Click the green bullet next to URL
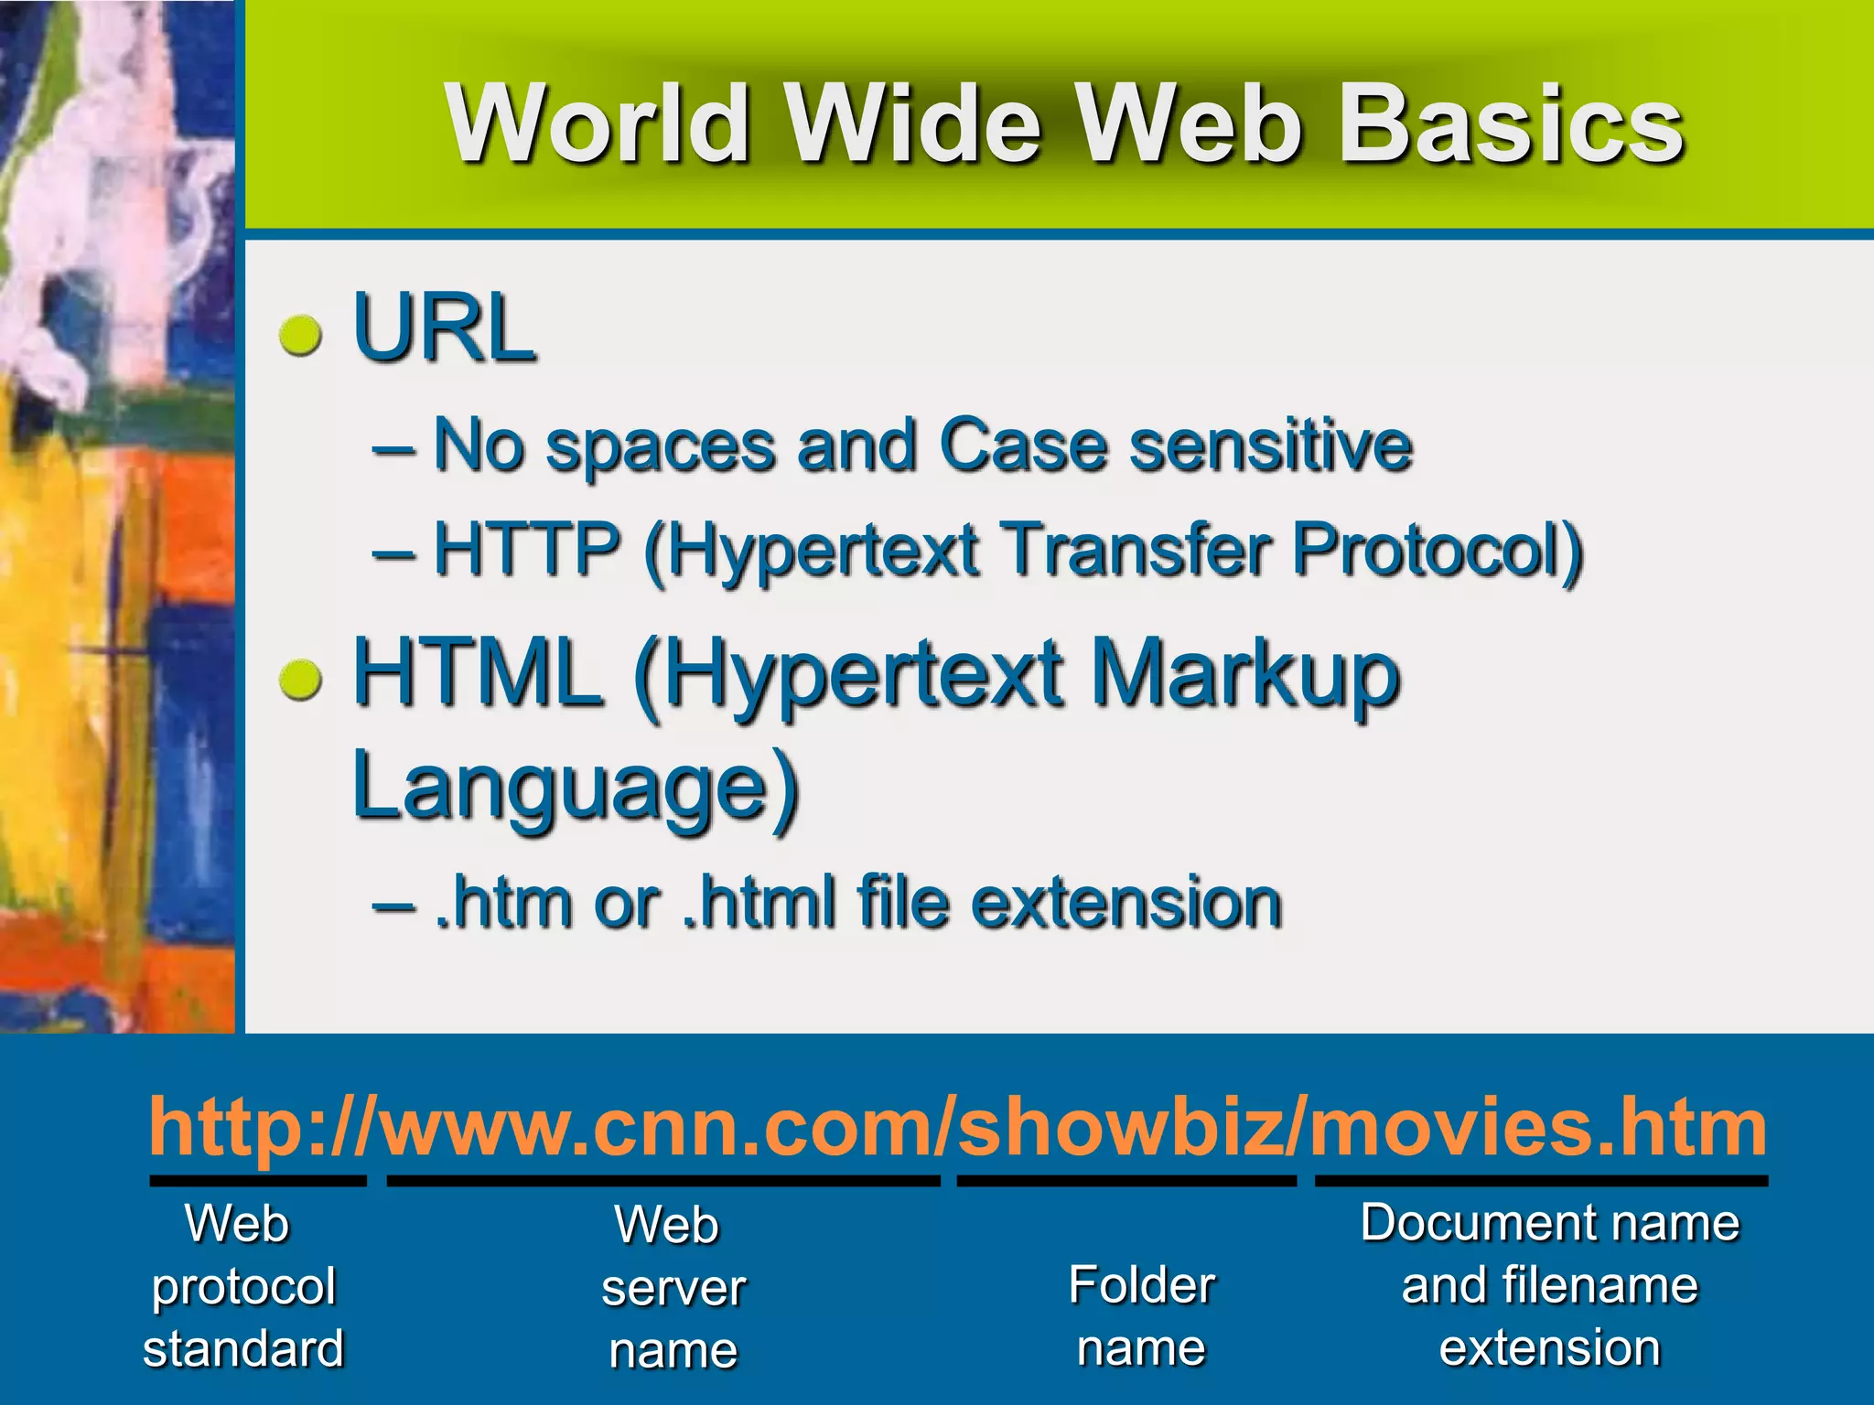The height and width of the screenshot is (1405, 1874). pyautogui.click(x=300, y=335)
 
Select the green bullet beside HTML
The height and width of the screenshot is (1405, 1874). pyautogui.click(x=300, y=681)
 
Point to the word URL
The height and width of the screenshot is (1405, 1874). pyautogui.click(x=443, y=327)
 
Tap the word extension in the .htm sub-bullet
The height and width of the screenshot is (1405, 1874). pyautogui.click(x=1125, y=903)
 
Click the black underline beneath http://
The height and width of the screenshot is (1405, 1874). pyautogui.click(x=258, y=1181)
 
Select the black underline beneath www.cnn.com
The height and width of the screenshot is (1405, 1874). pyautogui.click(x=663, y=1181)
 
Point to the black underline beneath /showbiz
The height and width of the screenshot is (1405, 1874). pyautogui.click(x=1126, y=1181)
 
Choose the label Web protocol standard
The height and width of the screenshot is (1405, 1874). pyautogui.click(x=242, y=1285)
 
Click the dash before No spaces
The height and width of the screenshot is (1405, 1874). pyautogui.click(x=393, y=448)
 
